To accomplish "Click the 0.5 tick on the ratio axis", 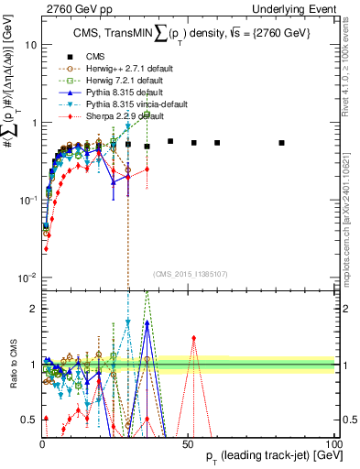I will [29, 420].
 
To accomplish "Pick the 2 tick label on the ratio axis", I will [33, 309].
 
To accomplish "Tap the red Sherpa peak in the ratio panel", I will [193, 337].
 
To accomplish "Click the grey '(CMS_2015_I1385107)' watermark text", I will [189, 272].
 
